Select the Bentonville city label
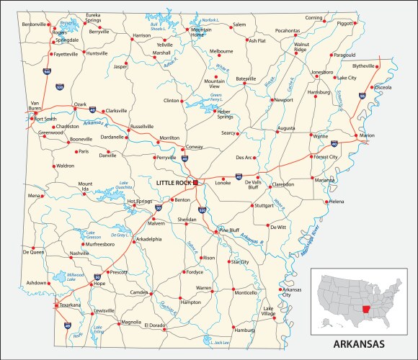33,24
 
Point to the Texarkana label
69,305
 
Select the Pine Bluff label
229,230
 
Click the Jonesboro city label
322,72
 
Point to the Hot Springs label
140,201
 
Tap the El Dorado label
154,325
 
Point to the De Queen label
33,252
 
